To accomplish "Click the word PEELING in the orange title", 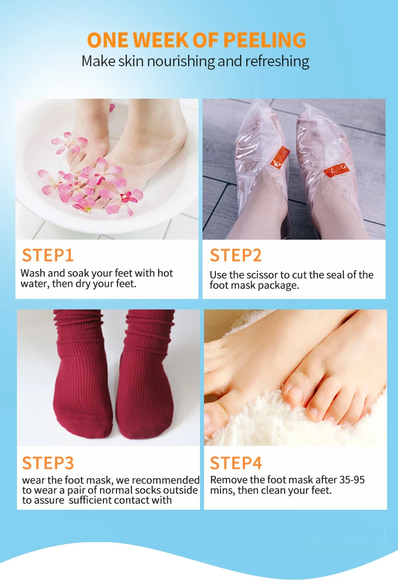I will (265, 40).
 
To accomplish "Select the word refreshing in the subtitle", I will (278, 61).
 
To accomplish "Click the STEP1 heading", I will (48, 255).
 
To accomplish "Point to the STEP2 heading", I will (235, 255).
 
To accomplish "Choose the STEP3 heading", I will (48, 463).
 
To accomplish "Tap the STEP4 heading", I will (235, 463).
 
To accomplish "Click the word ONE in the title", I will (106, 40).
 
